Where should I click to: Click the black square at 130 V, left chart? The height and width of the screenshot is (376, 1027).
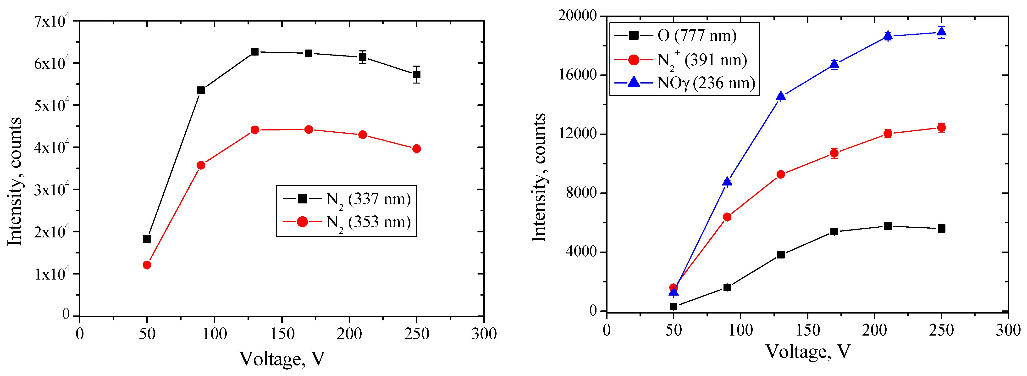(x=255, y=52)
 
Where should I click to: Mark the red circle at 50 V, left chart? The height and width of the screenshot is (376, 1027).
(x=147, y=265)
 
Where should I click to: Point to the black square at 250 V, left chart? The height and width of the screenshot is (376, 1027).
(x=417, y=75)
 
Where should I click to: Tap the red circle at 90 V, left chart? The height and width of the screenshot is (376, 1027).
(x=201, y=165)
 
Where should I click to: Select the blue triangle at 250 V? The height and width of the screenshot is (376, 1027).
(x=942, y=32)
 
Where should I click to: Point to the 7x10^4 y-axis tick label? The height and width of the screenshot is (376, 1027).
(x=52, y=21)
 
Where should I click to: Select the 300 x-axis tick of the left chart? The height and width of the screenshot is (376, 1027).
(x=484, y=334)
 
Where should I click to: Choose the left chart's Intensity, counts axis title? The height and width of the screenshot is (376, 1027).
(x=15, y=182)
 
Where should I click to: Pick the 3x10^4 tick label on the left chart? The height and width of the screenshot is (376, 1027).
(x=52, y=189)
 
